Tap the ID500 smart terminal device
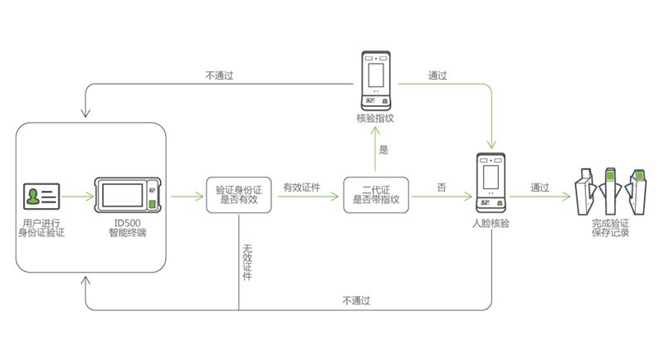tap(129, 197)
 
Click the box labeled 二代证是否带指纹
tap(376, 194)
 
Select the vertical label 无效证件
tap(247, 261)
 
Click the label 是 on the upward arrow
tap(383, 150)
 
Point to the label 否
tap(441, 187)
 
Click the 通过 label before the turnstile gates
tap(539, 187)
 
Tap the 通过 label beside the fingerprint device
tap(437, 75)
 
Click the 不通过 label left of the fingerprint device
tap(219, 75)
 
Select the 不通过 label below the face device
tap(355, 300)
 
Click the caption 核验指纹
tap(375, 119)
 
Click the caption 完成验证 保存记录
tap(610, 228)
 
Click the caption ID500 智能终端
tap(129, 228)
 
